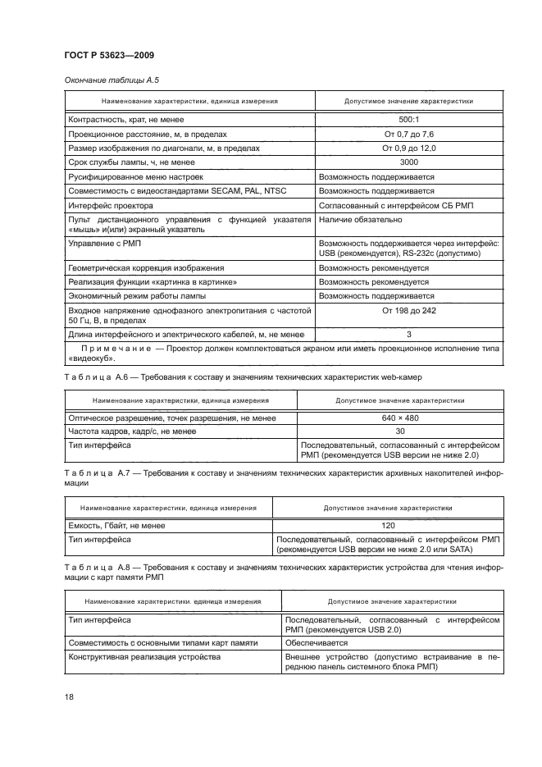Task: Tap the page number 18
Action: tap(70, 696)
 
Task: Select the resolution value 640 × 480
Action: tap(399, 418)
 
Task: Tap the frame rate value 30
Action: tap(399, 431)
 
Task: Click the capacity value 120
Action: tap(388, 525)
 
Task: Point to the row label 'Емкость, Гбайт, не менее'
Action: tap(116, 525)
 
